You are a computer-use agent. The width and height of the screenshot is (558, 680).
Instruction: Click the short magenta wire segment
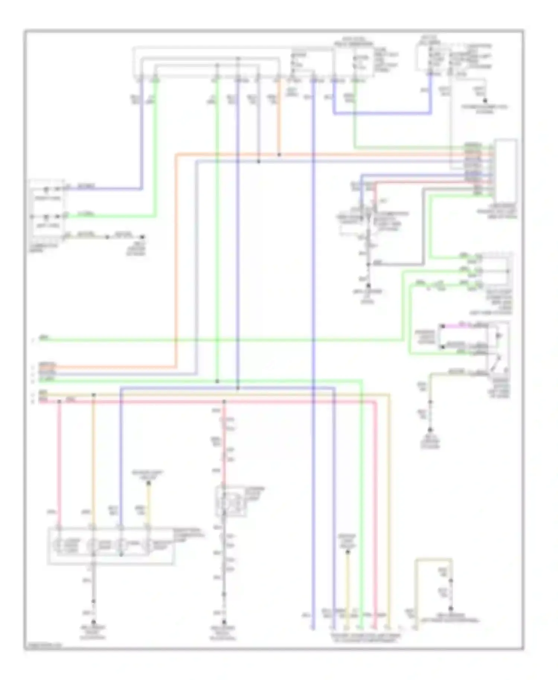pyautogui.click(x=452, y=326)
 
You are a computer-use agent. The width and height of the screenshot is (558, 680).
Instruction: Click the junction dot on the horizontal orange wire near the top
pyautogui.click(x=279, y=154)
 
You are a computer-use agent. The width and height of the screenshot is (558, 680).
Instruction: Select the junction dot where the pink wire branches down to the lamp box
pyautogui.click(x=59, y=401)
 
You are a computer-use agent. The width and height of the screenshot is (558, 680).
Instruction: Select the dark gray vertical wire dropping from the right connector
pyautogui.click(x=423, y=227)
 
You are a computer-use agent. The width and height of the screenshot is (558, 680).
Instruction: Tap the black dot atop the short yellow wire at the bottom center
pyautogui.click(x=347, y=552)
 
